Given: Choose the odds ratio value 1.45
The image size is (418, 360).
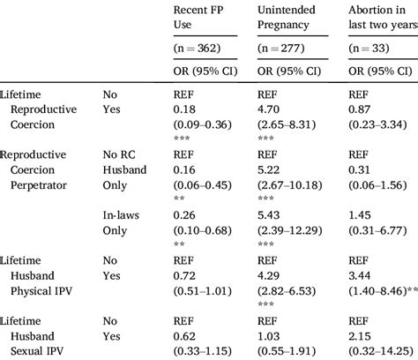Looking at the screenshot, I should point(357,216).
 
